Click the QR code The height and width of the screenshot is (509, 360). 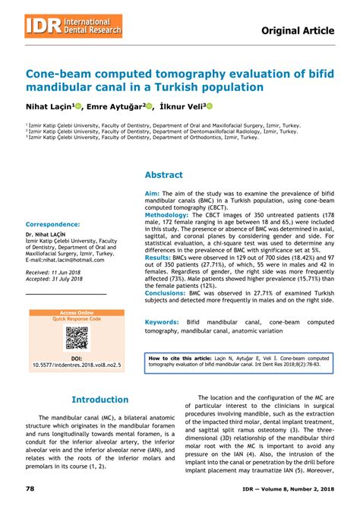(x=76, y=338)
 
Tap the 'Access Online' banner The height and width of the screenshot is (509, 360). (x=76, y=313)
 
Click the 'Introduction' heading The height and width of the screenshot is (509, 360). (x=100, y=400)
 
